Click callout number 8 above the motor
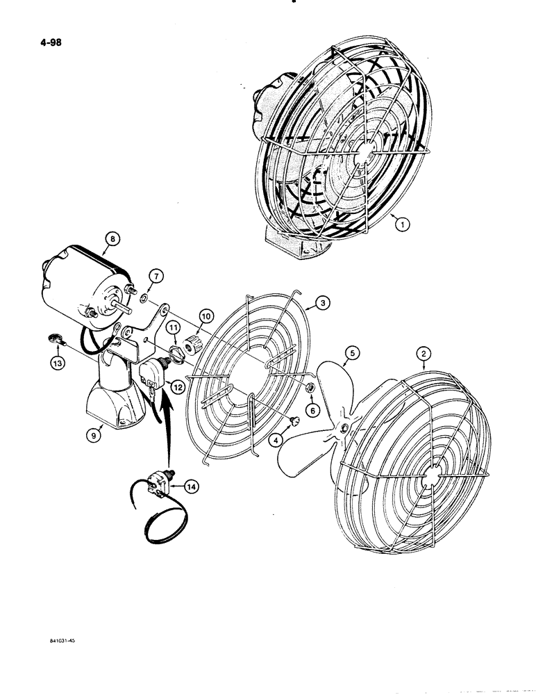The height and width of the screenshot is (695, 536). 112,241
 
